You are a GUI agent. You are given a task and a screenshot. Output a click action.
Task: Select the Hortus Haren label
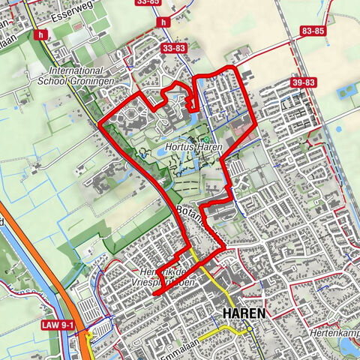[195, 148]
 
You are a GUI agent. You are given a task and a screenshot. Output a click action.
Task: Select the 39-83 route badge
[304, 82]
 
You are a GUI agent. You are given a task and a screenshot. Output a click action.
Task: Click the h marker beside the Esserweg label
[39, 33]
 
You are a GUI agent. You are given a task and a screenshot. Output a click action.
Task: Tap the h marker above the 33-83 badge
[163, 22]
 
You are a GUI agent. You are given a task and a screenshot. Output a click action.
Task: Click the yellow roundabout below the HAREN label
[247, 329]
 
